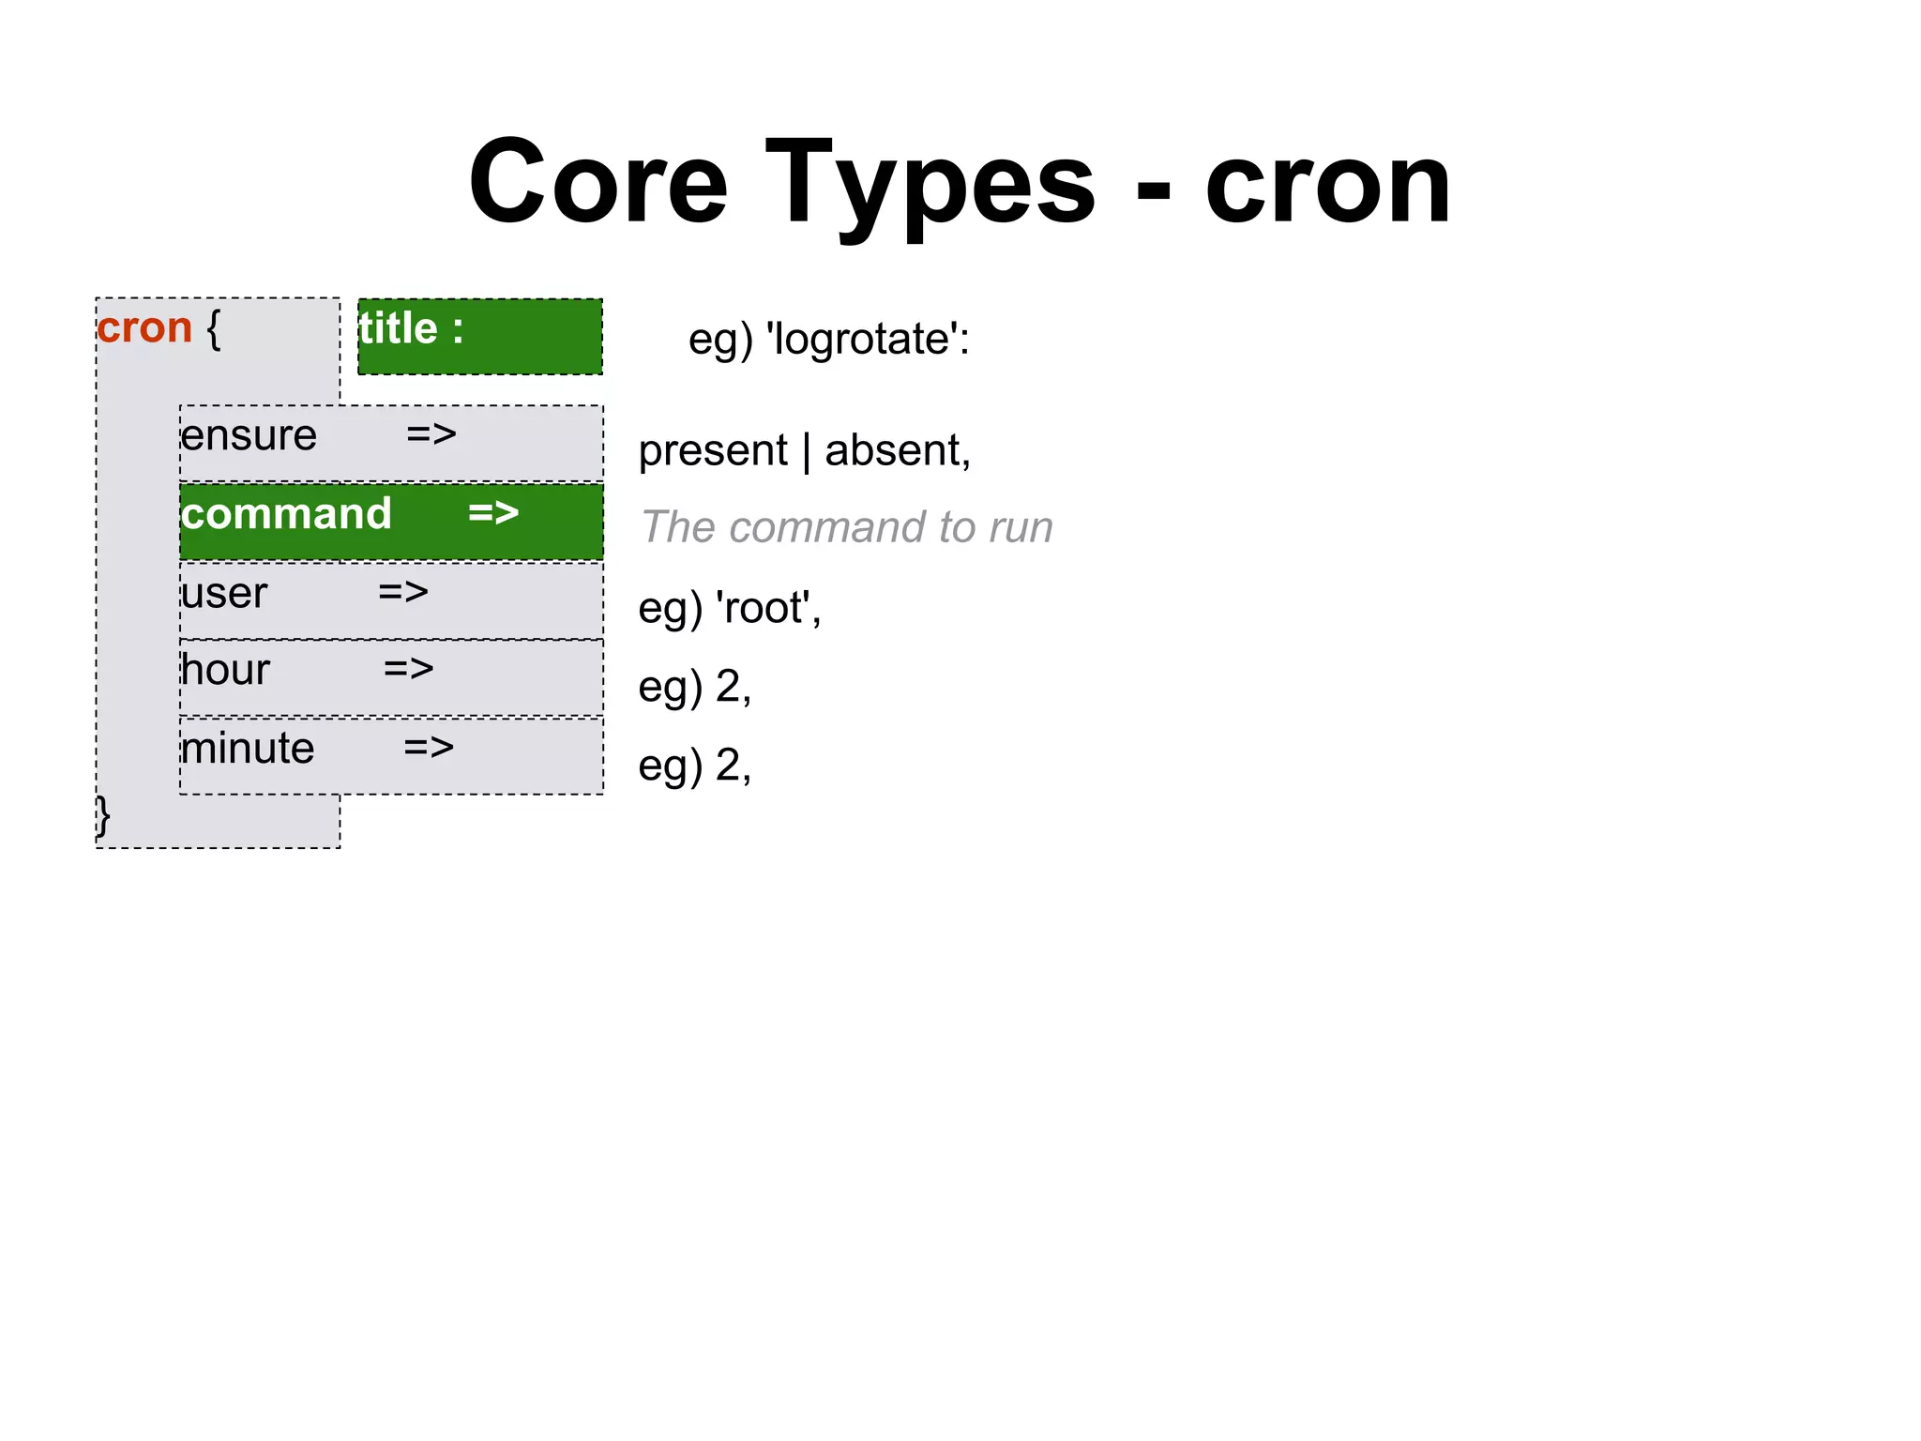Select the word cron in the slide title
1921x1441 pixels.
[1327, 184]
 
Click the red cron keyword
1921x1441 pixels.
[144, 328]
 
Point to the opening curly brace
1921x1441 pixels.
[214, 328]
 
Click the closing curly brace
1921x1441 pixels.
[103, 816]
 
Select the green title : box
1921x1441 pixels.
[480, 336]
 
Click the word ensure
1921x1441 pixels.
[249, 435]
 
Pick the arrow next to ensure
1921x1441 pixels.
[431, 433]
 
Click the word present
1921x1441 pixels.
[713, 450]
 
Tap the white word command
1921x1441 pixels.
[286, 514]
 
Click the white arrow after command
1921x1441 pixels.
[493, 512]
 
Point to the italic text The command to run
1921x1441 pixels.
[846, 527]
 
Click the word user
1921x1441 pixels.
[224, 593]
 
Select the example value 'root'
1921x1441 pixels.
[767, 608]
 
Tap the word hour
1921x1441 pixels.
[225, 670]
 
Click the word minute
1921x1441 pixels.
[248, 749]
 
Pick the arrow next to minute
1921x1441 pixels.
[429, 747]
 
